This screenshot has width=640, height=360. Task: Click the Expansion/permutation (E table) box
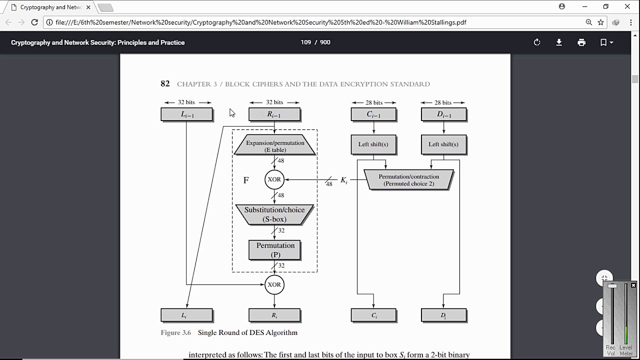point(274,145)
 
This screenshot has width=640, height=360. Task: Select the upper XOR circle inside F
point(274,179)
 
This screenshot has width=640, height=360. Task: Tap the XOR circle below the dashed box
point(274,284)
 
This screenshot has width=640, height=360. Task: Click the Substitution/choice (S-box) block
point(274,214)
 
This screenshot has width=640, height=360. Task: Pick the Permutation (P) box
point(274,249)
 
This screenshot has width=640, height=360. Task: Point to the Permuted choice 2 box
point(408,180)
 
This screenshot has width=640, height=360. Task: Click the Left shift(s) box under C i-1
point(373,144)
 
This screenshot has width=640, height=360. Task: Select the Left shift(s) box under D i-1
point(443,144)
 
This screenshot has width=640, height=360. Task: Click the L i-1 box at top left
point(186,114)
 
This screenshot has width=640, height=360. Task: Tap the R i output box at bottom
point(274,315)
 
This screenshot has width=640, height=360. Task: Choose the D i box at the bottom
point(443,315)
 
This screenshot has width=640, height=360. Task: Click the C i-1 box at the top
point(373,114)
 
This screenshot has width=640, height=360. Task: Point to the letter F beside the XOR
point(246,180)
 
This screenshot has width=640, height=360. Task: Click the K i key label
point(344,180)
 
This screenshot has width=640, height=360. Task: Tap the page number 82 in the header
point(165,83)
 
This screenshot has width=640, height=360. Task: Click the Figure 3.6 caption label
point(175,332)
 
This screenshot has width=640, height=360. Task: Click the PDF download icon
point(559,42)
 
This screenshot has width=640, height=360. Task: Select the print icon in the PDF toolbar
point(581,42)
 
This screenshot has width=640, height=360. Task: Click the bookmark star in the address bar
point(600,22)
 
